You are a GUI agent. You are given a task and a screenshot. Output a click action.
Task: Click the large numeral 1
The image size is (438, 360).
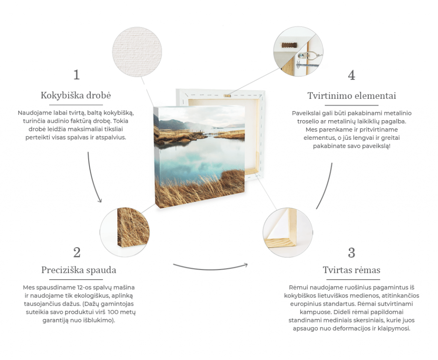click(77, 75)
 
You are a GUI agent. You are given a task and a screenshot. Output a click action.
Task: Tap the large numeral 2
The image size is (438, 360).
click(77, 252)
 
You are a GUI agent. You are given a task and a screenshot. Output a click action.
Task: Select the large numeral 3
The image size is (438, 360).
click(352, 253)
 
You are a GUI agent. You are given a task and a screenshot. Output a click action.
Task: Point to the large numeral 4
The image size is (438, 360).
click(352, 75)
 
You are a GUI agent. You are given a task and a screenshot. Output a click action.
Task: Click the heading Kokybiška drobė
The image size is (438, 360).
click(76, 95)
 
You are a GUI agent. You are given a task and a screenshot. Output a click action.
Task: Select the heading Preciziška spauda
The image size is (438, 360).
click(79, 270)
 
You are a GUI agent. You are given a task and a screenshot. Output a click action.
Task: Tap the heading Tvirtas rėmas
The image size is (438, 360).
click(352, 270)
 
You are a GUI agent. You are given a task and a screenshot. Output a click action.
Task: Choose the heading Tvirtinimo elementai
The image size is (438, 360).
click(352, 96)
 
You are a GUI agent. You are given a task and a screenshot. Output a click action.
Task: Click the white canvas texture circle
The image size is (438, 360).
click(137, 52)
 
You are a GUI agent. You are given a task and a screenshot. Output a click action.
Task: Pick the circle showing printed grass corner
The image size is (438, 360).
click(125, 232)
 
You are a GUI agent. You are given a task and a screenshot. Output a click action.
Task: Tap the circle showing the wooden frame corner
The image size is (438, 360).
click(287, 232)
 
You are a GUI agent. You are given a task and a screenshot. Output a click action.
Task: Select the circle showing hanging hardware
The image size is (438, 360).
click(298, 51)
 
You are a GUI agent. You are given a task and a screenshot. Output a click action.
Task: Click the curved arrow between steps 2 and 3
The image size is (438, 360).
click(210, 269)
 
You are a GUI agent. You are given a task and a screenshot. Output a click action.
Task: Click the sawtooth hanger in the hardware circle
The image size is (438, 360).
click(289, 45)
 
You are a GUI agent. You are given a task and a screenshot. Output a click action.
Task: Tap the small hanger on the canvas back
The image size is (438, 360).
click(228, 96)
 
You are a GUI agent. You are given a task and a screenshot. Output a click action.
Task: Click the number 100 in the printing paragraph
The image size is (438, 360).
click(113, 312)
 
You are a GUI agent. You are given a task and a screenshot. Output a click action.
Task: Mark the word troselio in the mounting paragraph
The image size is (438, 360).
click(308, 121)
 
